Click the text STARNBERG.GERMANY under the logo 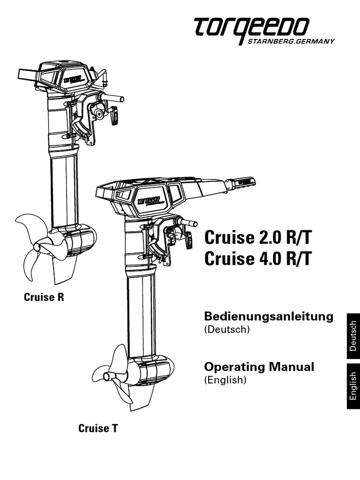[x=291, y=41]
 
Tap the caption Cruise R [x=44, y=297]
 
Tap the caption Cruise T [x=98, y=427]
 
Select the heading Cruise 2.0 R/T [x=258, y=238]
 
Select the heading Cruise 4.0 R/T [x=258, y=259]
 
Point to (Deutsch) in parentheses [x=225, y=330]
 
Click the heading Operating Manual [x=259, y=367]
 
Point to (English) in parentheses [x=225, y=380]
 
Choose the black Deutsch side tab [x=353, y=336]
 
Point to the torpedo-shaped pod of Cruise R [x=77, y=240]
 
